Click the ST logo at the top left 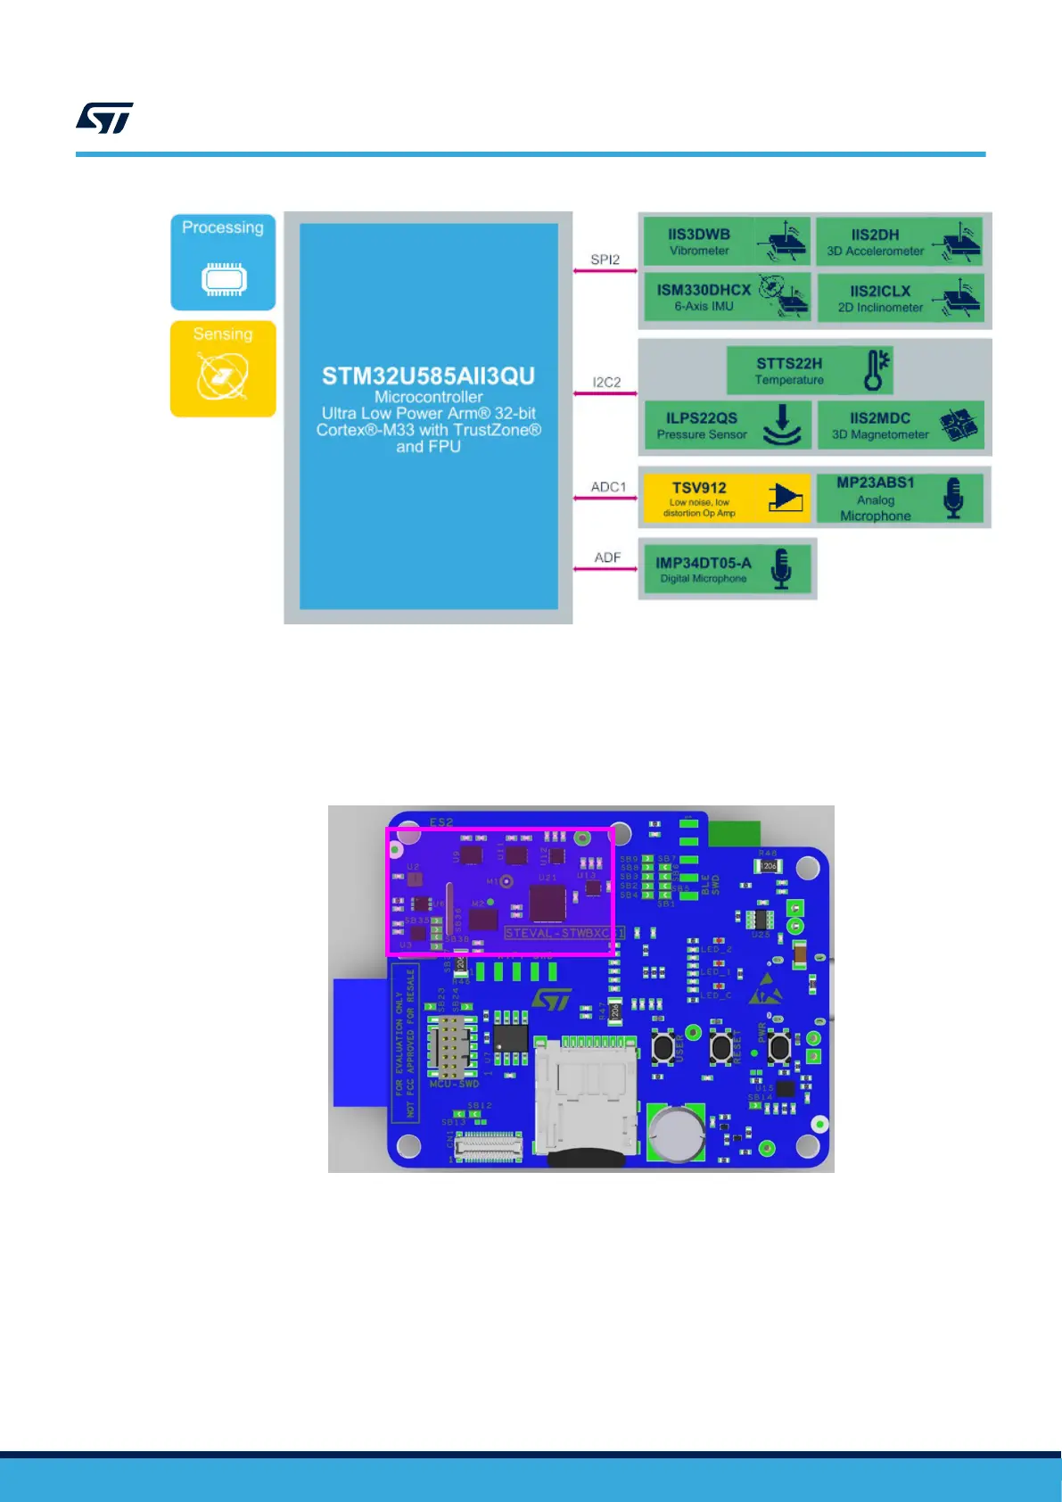pos(104,118)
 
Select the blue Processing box pos(223,262)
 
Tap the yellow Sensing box pos(223,368)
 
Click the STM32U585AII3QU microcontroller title pos(428,376)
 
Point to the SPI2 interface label pos(605,260)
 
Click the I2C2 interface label pos(606,382)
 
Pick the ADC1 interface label pos(608,487)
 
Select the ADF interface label pos(607,557)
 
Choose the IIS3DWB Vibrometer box pos(726,242)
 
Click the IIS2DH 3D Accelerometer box pos(899,242)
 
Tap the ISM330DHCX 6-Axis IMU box pos(726,297)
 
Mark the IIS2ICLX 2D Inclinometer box pos(900,298)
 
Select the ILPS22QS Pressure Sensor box pos(726,425)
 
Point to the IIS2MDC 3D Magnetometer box pos(900,425)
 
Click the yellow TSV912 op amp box pos(726,498)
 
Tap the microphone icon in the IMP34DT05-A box pos(781,568)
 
